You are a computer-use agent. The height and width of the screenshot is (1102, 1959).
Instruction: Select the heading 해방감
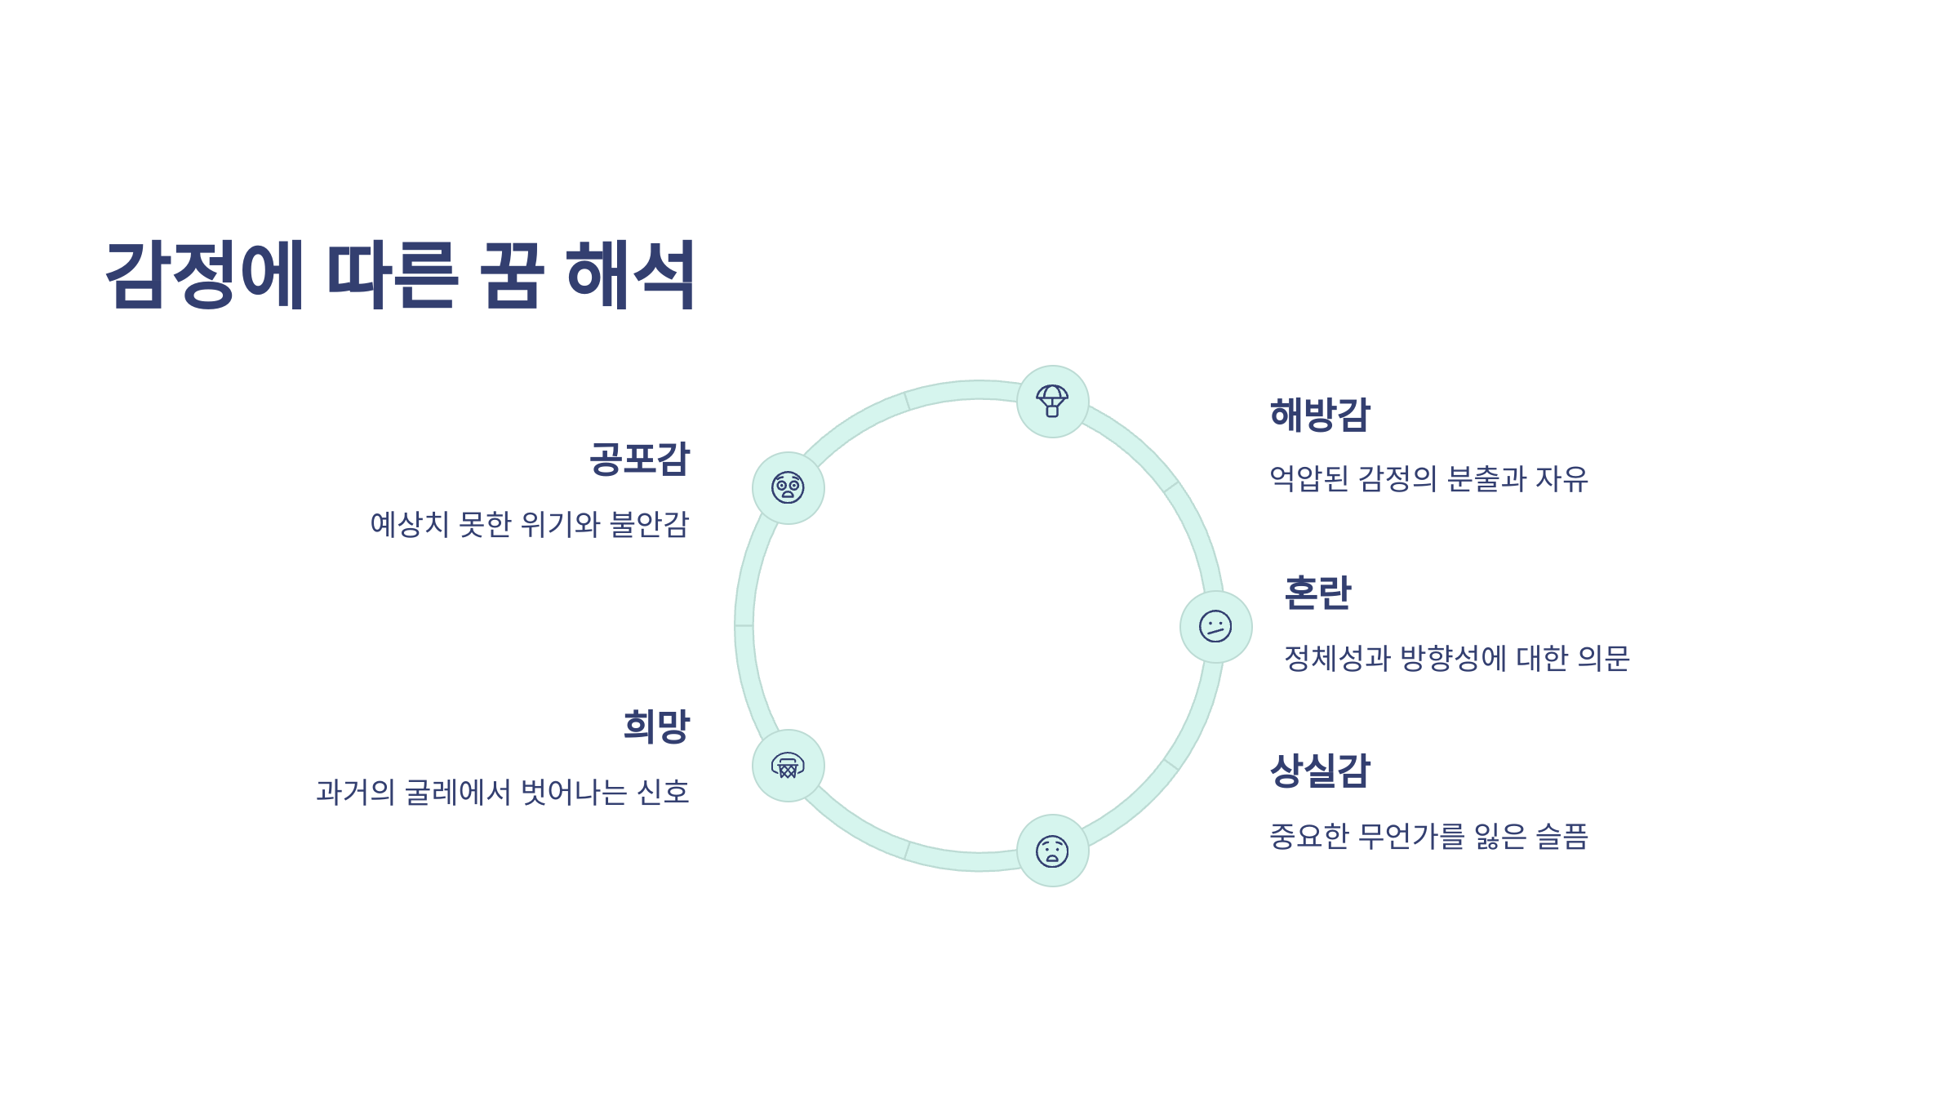tap(1320, 415)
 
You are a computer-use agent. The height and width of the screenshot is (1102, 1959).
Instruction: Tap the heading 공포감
tap(640, 459)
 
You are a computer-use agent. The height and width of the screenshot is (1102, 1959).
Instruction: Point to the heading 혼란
tap(1317, 593)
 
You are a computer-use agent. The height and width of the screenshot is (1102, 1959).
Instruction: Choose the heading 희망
tap(656, 726)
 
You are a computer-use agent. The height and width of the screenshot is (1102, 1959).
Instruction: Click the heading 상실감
tap(1320, 771)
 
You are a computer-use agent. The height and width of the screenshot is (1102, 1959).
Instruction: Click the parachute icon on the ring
tap(1052, 402)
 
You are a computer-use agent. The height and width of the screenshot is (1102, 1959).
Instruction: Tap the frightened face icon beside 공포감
tap(788, 488)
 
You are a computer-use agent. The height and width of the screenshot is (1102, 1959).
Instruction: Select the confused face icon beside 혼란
tap(1215, 627)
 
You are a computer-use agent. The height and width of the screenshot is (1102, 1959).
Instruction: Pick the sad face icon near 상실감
tap(1052, 851)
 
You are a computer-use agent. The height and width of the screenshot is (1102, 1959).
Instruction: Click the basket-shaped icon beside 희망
tap(788, 766)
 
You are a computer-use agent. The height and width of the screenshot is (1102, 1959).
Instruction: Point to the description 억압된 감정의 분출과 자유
tap(1428, 479)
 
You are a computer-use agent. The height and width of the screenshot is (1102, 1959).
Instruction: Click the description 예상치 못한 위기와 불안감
tap(530, 524)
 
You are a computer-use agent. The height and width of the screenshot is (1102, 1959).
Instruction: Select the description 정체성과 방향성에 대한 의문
tap(1456, 658)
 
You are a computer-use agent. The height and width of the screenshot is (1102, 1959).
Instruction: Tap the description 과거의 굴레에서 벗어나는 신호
tap(503, 792)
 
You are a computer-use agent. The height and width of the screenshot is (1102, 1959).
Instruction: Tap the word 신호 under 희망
tap(663, 792)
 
